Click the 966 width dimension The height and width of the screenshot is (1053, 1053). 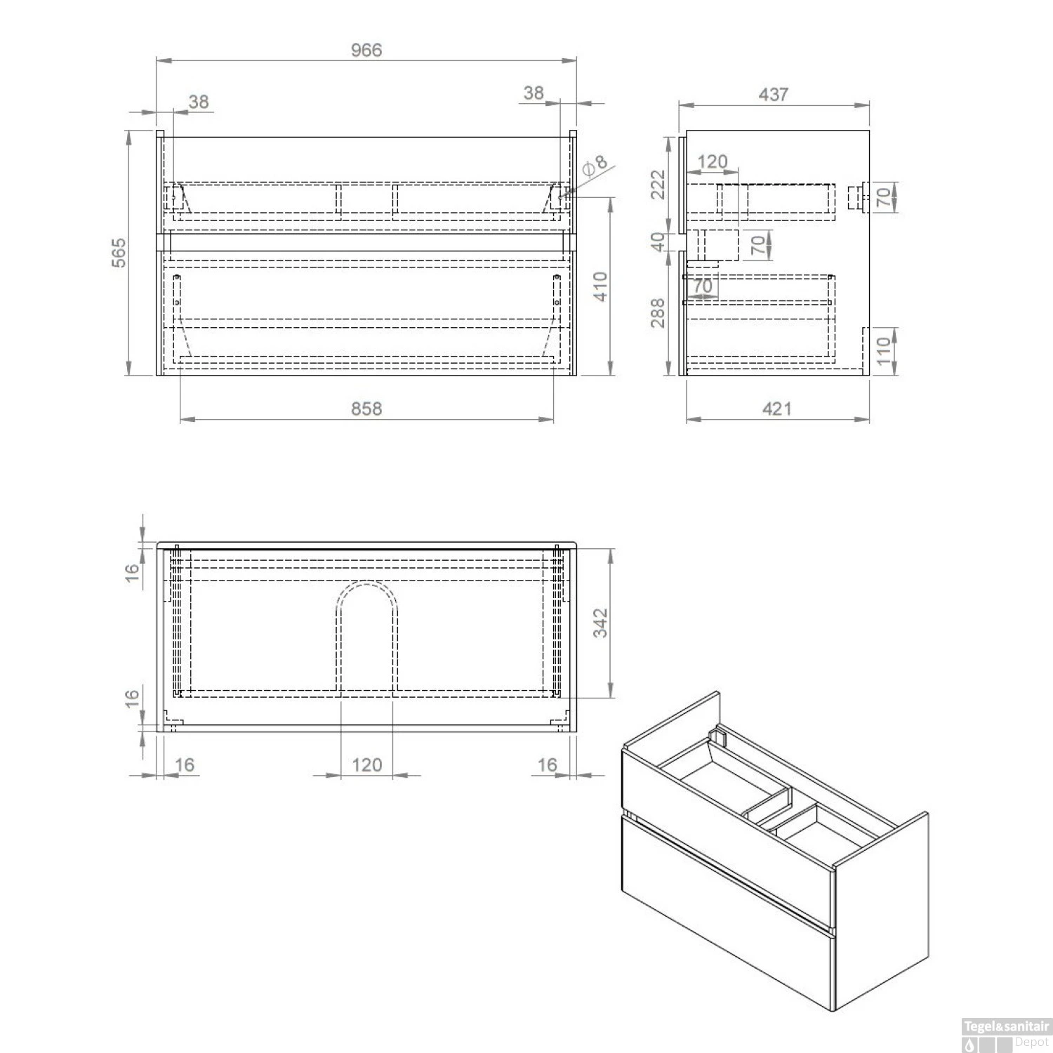[366, 50]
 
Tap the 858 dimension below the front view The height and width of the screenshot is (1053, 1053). [366, 409]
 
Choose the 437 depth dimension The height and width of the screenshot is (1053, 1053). [773, 94]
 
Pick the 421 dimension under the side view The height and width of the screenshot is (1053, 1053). [776, 409]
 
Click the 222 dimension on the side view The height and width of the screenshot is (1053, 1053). [658, 185]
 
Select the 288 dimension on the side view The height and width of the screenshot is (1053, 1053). [658, 312]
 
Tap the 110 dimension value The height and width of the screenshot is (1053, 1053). [884, 349]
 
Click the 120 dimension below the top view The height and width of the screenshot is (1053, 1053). [366, 764]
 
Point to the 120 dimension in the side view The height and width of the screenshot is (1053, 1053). [712, 162]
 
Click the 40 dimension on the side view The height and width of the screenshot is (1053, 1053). [658, 242]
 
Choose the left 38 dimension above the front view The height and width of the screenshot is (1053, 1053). [199, 102]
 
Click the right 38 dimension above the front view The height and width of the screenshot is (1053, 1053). [534, 93]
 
